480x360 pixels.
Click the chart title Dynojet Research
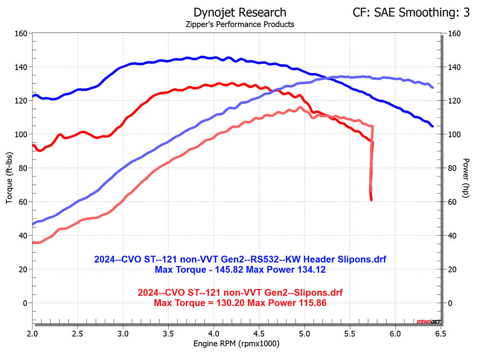click(240, 12)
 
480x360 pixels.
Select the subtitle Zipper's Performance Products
click(240, 24)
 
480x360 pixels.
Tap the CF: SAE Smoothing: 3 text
click(411, 12)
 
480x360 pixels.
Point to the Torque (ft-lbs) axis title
click(9, 178)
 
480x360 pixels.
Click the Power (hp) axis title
click(466, 178)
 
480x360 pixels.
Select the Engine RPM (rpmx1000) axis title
click(236, 344)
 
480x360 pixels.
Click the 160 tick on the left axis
click(21, 33)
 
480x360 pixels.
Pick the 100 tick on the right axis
click(454, 134)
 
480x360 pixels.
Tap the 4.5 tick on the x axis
click(259, 334)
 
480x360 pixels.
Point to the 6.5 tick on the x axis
click(441, 334)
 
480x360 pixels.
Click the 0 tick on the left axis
click(25, 303)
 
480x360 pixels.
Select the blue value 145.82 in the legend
click(229, 270)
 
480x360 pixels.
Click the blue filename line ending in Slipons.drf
click(240, 259)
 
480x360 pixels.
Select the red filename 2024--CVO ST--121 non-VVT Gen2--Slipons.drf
click(240, 292)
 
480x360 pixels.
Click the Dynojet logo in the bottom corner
click(429, 322)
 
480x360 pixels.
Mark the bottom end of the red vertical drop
click(372, 200)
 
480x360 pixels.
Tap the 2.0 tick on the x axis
click(32, 334)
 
